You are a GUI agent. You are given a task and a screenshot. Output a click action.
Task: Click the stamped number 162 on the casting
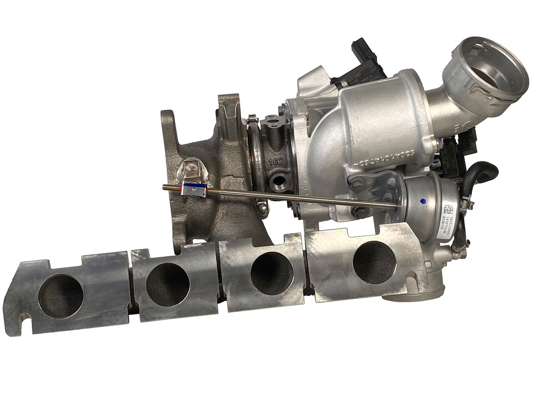[x=276, y=161]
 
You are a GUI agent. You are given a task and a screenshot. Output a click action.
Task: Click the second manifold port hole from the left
[x=167, y=284]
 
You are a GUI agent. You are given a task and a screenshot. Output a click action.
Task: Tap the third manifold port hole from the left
[x=272, y=272]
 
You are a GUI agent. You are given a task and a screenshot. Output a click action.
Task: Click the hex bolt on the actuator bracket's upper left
[x=357, y=182]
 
